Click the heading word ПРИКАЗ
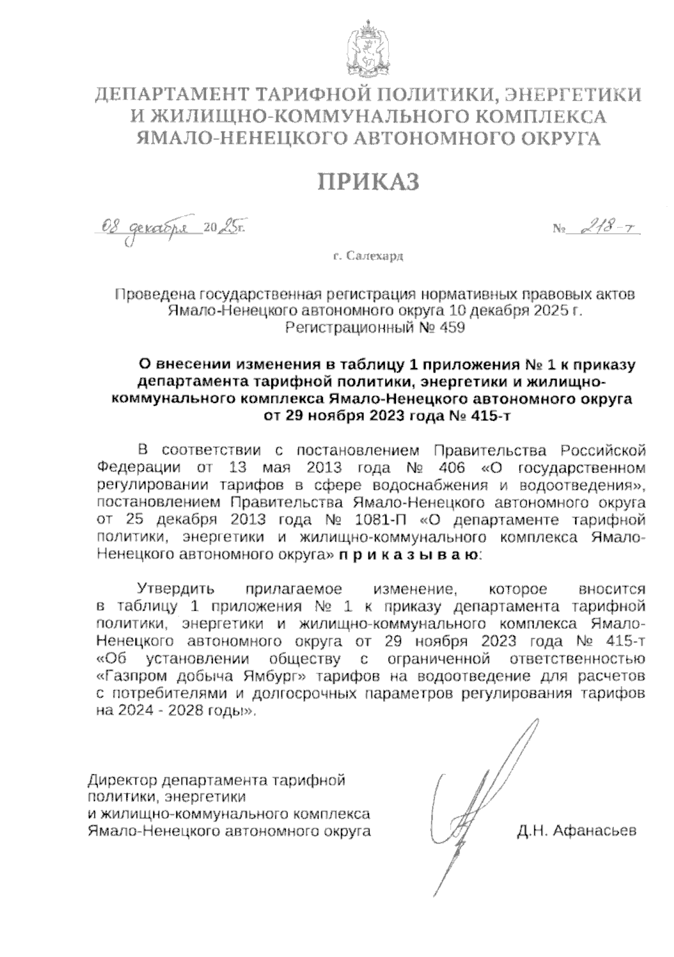pyautogui.click(x=369, y=182)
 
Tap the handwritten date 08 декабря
pyautogui.click(x=149, y=227)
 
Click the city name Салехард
pyautogui.click(x=375, y=256)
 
